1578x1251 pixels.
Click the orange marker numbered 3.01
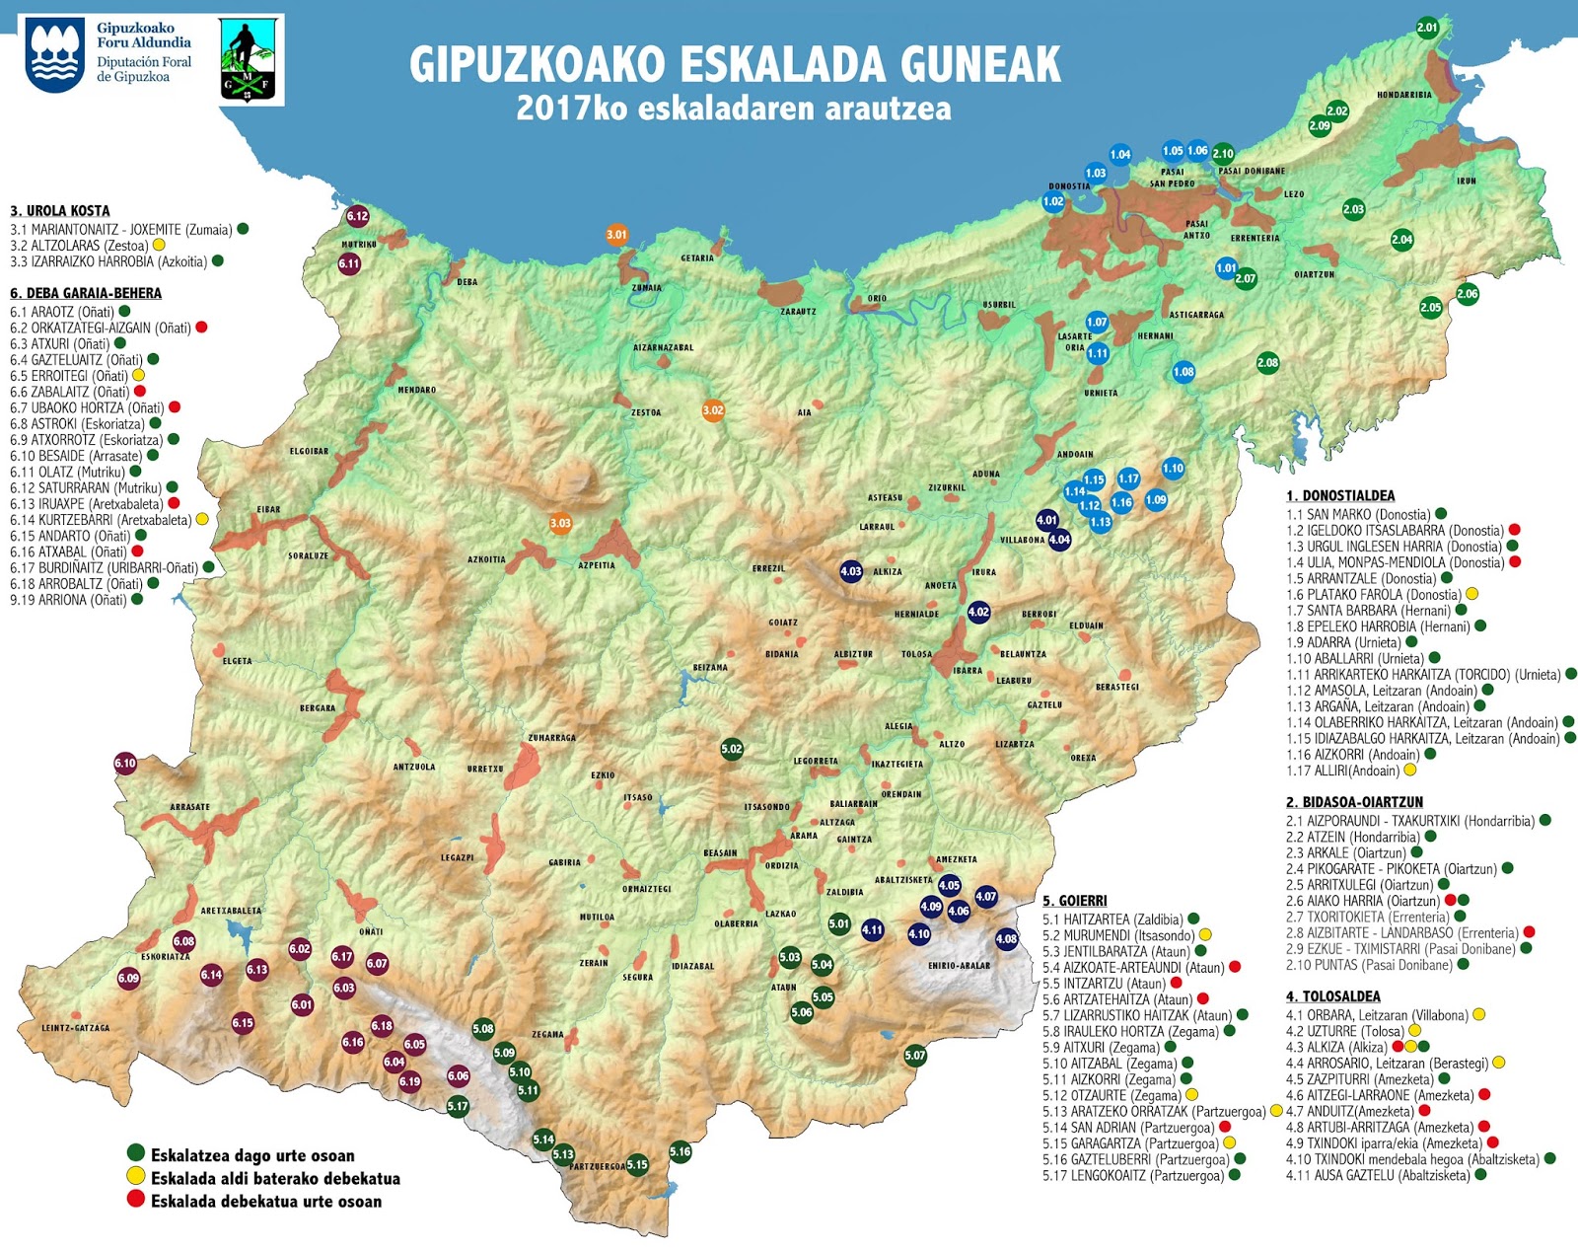coord(616,235)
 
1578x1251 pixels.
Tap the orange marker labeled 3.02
coord(713,410)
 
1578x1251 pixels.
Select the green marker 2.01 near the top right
coord(1427,28)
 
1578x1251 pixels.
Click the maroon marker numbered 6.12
coord(357,216)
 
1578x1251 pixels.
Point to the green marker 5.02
coord(731,749)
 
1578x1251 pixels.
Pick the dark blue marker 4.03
coord(851,571)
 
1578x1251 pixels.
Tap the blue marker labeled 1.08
coord(1183,372)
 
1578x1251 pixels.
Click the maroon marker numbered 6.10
coord(125,763)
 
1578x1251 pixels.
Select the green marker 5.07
coord(915,1056)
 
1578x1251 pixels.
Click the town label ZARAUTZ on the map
coord(798,312)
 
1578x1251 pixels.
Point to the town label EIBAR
coord(268,510)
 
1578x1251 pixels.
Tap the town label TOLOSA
coord(916,654)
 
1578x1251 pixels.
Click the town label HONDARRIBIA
coord(1404,96)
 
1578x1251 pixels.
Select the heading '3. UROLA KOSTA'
coord(60,211)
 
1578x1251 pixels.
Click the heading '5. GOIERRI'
coord(1075,901)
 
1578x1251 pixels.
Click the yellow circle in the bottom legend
coord(136,1176)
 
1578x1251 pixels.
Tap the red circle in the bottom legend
coord(136,1199)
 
